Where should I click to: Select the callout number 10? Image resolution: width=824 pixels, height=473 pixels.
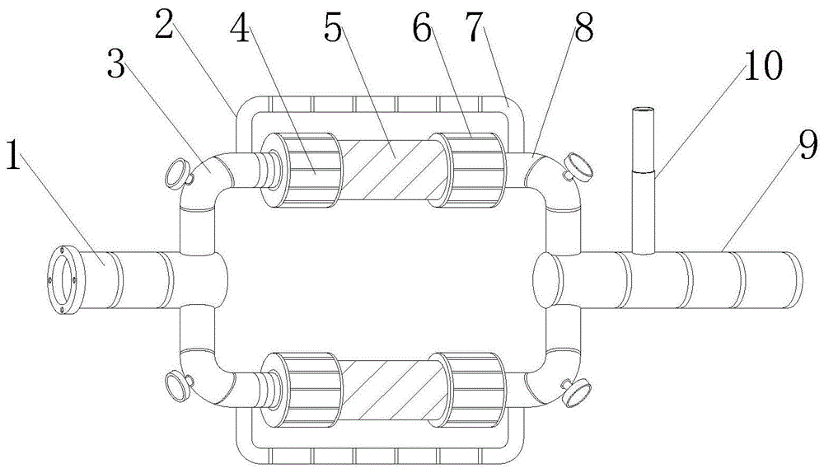pyautogui.click(x=762, y=68)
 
